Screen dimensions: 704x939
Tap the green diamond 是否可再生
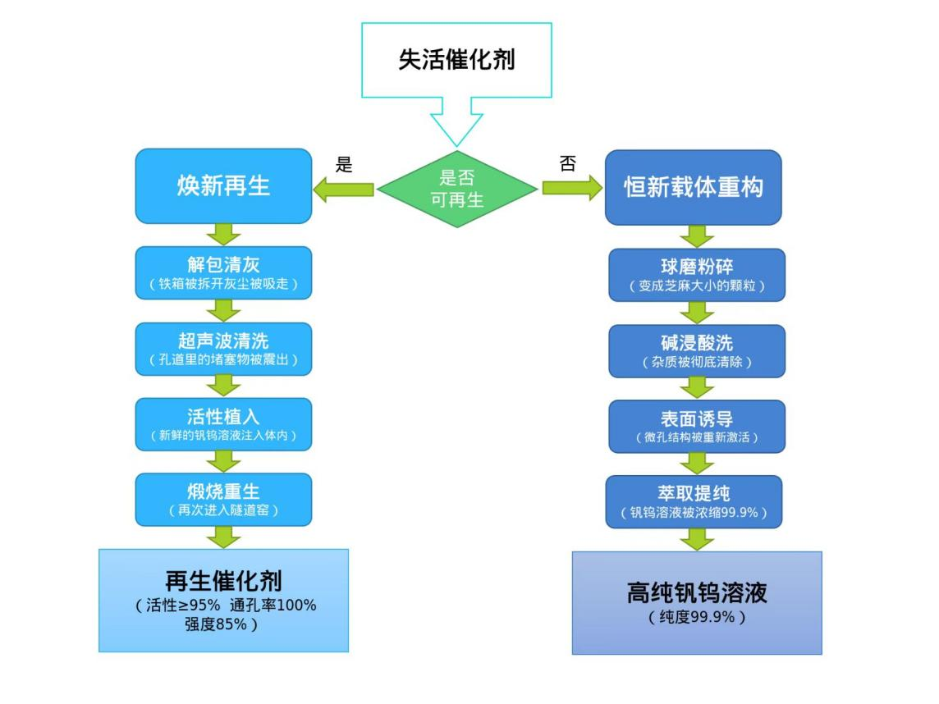[457, 188]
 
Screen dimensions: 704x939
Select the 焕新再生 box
[223, 186]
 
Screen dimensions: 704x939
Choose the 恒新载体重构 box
[694, 187]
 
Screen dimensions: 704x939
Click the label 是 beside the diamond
[345, 164]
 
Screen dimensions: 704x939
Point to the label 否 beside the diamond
[567, 163]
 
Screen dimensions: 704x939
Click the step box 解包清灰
[223, 273]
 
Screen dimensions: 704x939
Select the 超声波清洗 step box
[223, 349]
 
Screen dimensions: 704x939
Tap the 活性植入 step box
[223, 424]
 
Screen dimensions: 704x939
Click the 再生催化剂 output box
[223, 601]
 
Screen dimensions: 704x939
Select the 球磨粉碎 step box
[696, 275]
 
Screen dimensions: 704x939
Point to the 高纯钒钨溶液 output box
[696, 603]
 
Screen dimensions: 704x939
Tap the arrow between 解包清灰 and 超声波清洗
[223, 310]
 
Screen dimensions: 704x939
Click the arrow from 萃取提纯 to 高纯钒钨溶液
[696, 539]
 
